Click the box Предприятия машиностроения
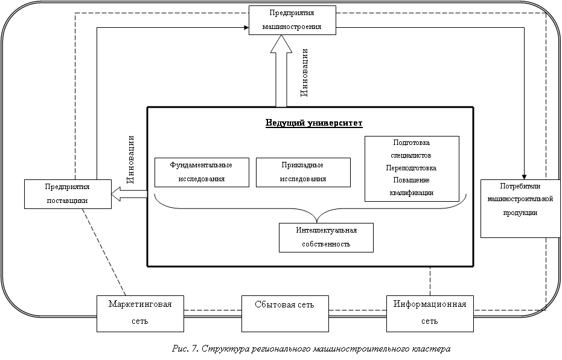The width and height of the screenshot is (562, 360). pos(292,20)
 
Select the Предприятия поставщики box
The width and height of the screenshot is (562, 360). pos(68,194)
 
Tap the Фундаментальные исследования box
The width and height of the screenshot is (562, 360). pos(202,172)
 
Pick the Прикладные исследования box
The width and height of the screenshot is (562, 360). pos(303,172)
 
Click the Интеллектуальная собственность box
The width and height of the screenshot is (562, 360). pos(326,237)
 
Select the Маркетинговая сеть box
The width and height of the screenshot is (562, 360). pos(141,313)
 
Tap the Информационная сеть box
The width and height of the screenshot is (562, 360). pos(430,313)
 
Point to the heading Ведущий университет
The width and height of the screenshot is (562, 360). pos(314,123)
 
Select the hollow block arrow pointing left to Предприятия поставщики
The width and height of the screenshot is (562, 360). pos(129,193)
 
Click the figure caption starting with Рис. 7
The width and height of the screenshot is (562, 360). pos(311,349)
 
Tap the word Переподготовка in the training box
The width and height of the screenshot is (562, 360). pos(412,168)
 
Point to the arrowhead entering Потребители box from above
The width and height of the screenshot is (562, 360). pos(524,176)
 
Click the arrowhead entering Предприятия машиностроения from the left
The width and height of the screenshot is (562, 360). pos(246,27)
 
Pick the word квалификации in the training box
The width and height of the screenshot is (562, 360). pos(412,193)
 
